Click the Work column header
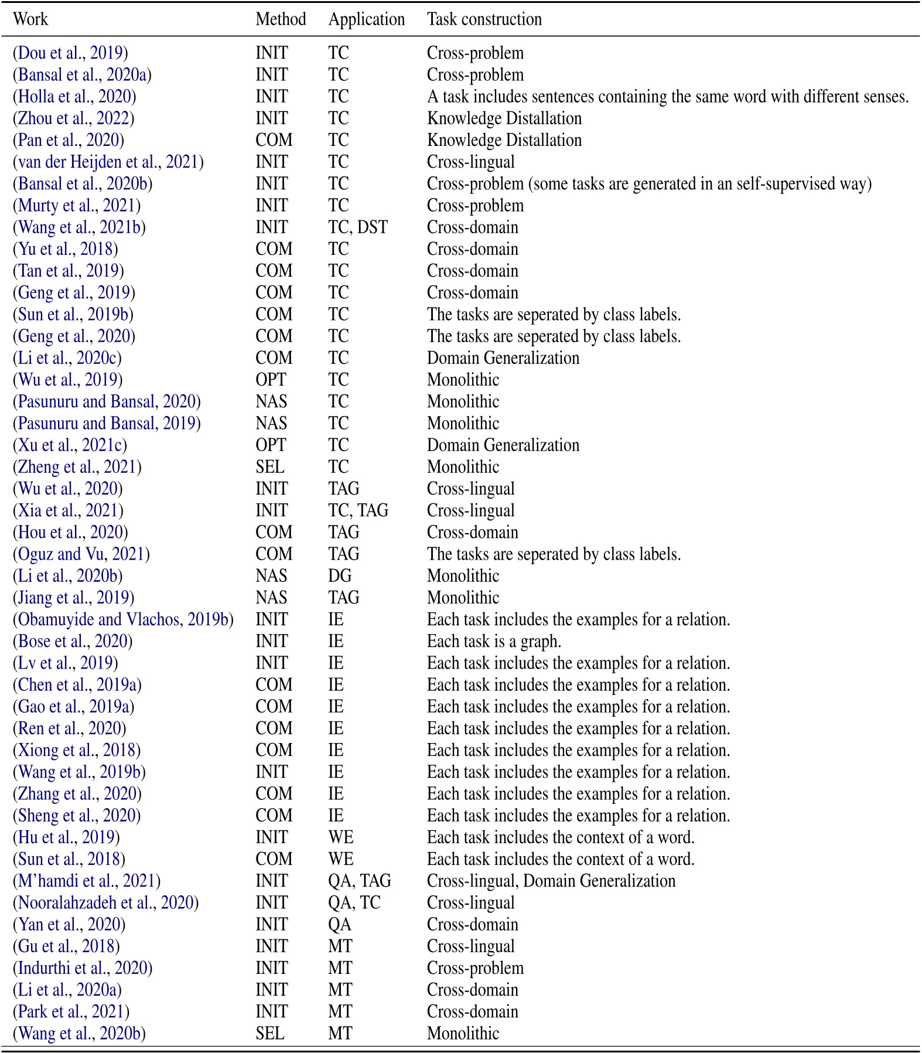point(30,19)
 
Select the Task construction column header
point(484,19)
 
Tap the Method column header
point(281,19)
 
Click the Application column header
point(366,19)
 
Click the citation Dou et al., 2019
point(70,53)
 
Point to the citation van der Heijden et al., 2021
point(108,162)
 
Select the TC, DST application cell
point(357,227)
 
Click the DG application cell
point(340,576)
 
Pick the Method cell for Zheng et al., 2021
point(270,467)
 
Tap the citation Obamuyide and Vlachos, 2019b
point(123,619)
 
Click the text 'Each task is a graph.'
point(494,641)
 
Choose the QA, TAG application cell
point(359,881)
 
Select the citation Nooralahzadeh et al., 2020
point(105,902)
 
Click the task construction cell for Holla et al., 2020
point(668,97)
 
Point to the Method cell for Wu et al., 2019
point(271,380)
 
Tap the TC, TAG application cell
point(358,510)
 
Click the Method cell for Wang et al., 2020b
point(270,1033)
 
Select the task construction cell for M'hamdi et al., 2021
point(551,881)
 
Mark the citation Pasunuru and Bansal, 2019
point(107,423)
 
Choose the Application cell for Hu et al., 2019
point(340,837)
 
